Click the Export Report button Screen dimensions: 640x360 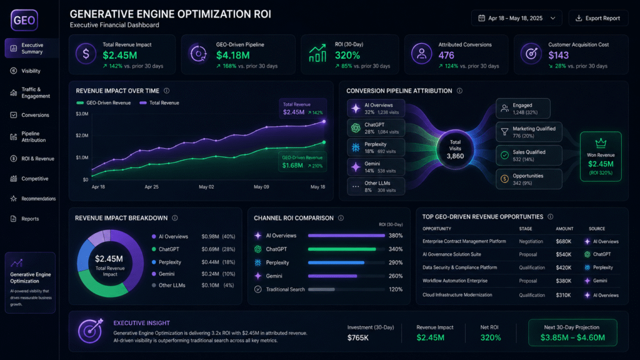pyautogui.click(x=598, y=18)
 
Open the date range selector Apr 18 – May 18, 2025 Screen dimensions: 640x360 pyautogui.click(x=516, y=18)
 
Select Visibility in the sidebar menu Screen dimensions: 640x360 pyautogui.click(x=31, y=71)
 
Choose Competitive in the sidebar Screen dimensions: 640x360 pyautogui.click(x=35, y=179)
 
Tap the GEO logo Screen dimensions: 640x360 pyautogui.click(x=24, y=21)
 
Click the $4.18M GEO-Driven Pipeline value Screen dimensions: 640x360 pyautogui.click(x=232, y=55)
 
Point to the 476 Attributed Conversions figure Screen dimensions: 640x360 pyautogui.click(x=446, y=55)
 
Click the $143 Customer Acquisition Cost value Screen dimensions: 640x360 pyautogui.click(x=558, y=55)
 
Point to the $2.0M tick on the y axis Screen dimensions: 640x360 pyautogui.click(x=82, y=136)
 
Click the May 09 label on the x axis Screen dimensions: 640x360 pyautogui.click(x=261, y=187)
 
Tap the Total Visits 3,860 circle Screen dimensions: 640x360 pyautogui.click(x=455, y=149)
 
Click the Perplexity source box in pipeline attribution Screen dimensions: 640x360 pyautogui.click(x=376, y=147)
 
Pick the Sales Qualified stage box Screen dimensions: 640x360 pyautogui.click(x=529, y=156)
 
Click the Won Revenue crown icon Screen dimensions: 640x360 pyautogui.click(x=601, y=143)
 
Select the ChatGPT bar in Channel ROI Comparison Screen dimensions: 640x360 pyautogui.click(x=342, y=249)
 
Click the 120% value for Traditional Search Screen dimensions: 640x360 pyautogui.click(x=396, y=289)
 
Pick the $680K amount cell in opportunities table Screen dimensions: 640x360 pyautogui.click(x=563, y=242)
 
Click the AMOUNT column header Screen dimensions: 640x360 pyautogui.click(x=564, y=229)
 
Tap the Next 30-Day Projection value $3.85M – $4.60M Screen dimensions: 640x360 pyautogui.click(x=572, y=337)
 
